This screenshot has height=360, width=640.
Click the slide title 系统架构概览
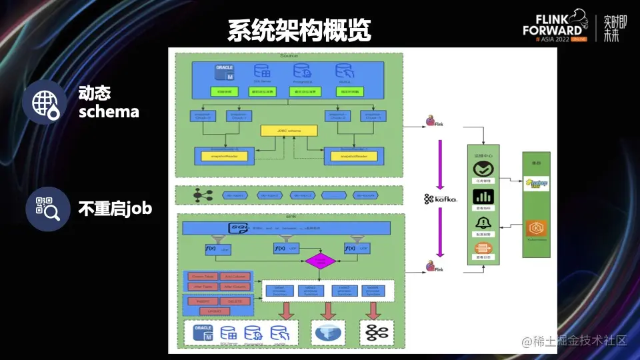pos(299,31)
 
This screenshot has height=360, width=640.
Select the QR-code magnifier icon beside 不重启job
pos(47,209)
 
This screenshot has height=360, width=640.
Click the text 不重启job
pos(115,209)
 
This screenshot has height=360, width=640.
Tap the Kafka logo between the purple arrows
pos(441,199)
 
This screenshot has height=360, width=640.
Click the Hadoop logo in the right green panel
pos(537,183)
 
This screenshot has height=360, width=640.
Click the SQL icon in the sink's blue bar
pos(239,228)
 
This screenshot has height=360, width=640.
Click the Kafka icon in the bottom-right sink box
pos(372,332)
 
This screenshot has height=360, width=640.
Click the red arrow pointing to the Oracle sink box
pos(288,310)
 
